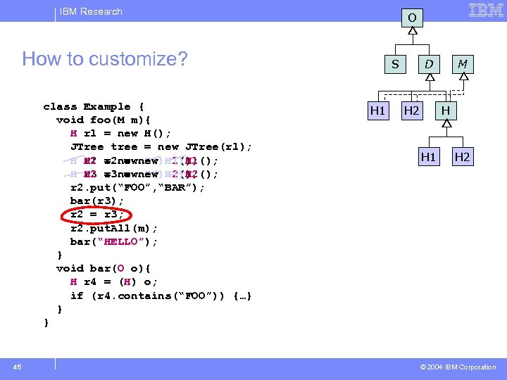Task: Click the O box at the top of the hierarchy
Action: click(413, 17)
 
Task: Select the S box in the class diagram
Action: click(395, 64)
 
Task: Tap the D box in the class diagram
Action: click(428, 64)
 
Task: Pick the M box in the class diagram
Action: click(463, 64)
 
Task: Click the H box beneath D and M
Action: click(446, 110)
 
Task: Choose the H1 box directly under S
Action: click(378, 110)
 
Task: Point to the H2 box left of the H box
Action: click(412, 110)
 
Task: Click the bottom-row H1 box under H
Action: click(428, 157)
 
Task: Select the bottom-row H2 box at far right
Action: click(462, 157)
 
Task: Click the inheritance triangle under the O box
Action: click(413, 32)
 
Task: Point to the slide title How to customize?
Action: click(105, 58)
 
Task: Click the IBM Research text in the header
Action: click(91, 11)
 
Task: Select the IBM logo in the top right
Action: click(486, 11)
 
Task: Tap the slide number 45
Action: click(18, 367)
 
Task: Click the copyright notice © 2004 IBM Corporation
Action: click(458, 367)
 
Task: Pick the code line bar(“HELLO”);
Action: click(114, 241)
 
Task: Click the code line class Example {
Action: click(93, 107)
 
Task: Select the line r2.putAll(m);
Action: click(114, 228)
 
